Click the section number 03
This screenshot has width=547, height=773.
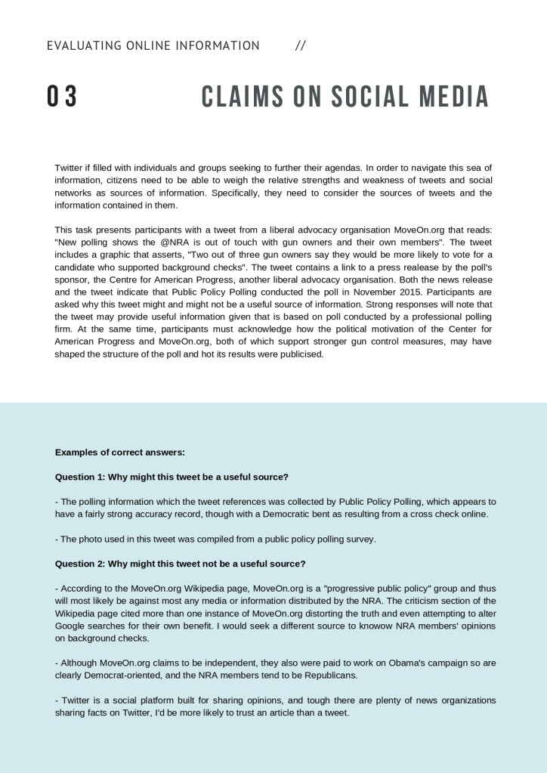[x=62, y=97]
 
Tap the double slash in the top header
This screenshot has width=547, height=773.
[x=301, y=46]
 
